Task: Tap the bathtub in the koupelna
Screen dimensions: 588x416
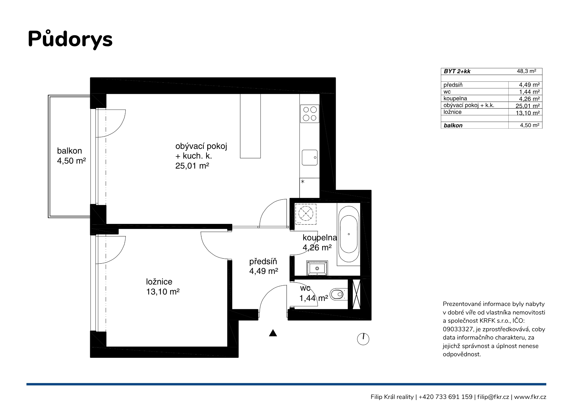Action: (349, 234)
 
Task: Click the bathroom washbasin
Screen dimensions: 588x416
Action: (317, 268)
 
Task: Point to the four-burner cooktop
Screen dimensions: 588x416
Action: (310, 114)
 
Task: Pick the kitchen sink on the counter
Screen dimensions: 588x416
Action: (310, 157)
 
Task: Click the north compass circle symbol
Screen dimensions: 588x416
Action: (363, 339)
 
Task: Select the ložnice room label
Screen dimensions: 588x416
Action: (159, 282)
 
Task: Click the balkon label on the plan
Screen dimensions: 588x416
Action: (69, 151)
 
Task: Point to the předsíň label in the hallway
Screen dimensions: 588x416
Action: (263, 261)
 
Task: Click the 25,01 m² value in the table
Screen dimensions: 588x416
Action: (527, 106)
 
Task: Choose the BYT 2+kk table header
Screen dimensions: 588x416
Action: (457, 71)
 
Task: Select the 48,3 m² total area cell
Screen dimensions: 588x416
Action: (527, 71)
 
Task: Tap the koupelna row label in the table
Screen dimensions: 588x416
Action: (455, 98)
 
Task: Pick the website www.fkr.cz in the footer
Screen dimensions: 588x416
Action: (530, 397)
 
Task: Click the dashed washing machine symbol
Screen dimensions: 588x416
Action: (306, 212)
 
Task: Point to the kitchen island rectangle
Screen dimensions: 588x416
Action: (250, 126)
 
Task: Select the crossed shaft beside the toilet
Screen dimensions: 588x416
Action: (356, 294)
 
